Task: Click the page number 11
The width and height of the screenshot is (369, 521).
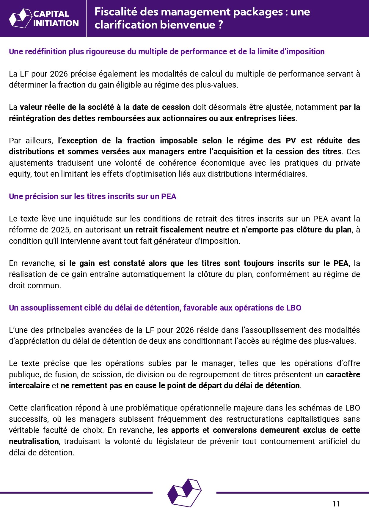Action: (x=336, y=504)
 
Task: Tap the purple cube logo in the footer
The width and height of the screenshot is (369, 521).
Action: (x=184, y=493)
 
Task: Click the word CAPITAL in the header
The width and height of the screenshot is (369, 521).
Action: (x=51, y=14)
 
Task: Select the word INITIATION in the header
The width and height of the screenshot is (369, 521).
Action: (x=56, y=23)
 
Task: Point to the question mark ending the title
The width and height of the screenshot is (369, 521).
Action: (x=220, y=25)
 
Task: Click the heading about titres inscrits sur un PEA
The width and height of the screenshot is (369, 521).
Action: (x=92, y=197)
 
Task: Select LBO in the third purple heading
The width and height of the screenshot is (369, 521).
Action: (x=294, y=308)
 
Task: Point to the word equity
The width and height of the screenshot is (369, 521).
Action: (x=19, y=174)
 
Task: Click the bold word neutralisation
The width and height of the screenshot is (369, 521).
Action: (x=34, y=441)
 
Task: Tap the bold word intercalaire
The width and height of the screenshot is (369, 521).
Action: (x=29, y=386)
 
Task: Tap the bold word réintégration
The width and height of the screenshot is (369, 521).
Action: (x=30, y=118)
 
